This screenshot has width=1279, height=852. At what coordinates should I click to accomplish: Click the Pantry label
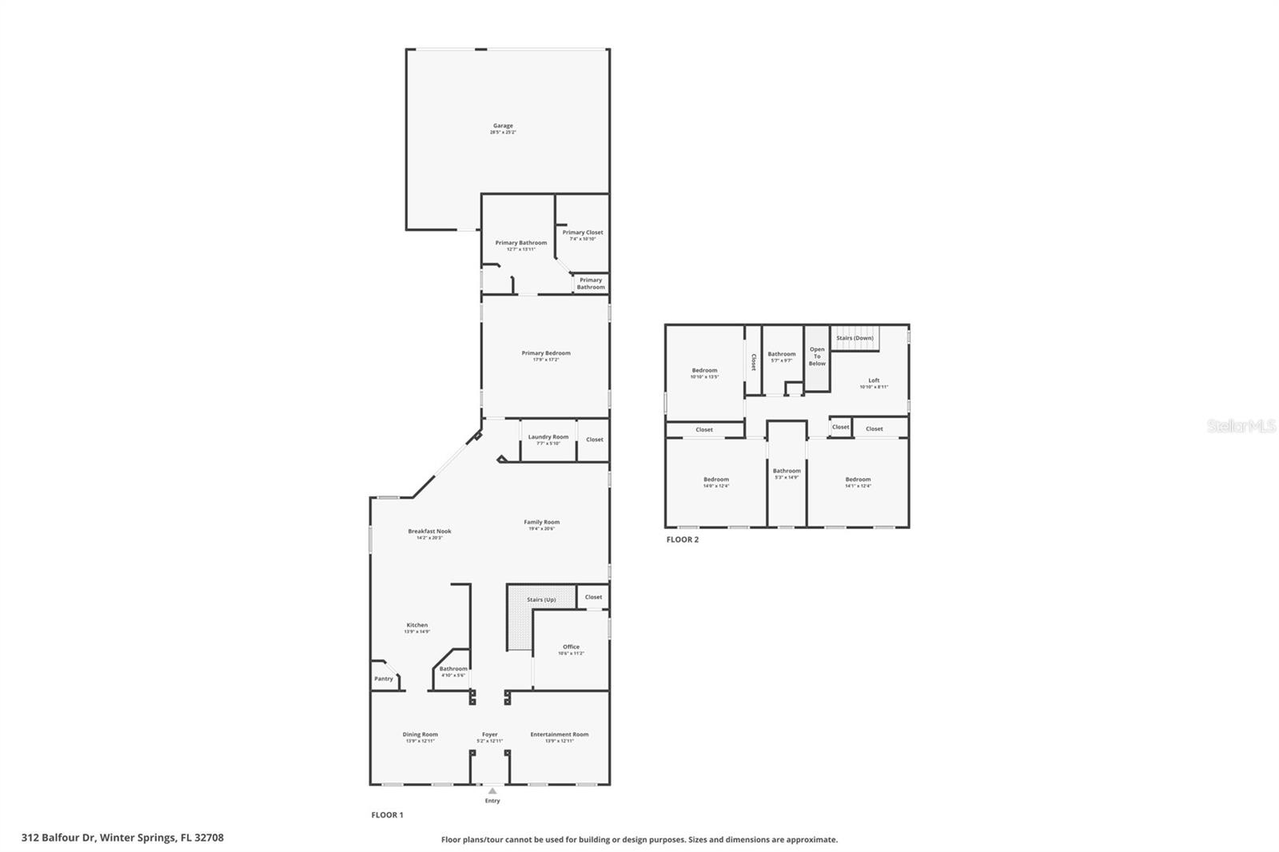tap(384, 679)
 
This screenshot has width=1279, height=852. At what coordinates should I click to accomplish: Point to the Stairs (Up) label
tap(541, 599)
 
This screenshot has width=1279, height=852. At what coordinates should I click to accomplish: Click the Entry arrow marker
tap(492, 791)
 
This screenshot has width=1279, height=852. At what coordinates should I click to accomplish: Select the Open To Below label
tap(817, 356)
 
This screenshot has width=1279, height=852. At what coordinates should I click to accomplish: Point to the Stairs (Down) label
tap(855, 338)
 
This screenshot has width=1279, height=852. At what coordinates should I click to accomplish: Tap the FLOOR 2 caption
tap(683, 539)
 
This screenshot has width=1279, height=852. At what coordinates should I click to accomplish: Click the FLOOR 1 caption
tap(388, 814)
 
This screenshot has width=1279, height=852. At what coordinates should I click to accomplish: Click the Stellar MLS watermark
tap(1241, 427)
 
